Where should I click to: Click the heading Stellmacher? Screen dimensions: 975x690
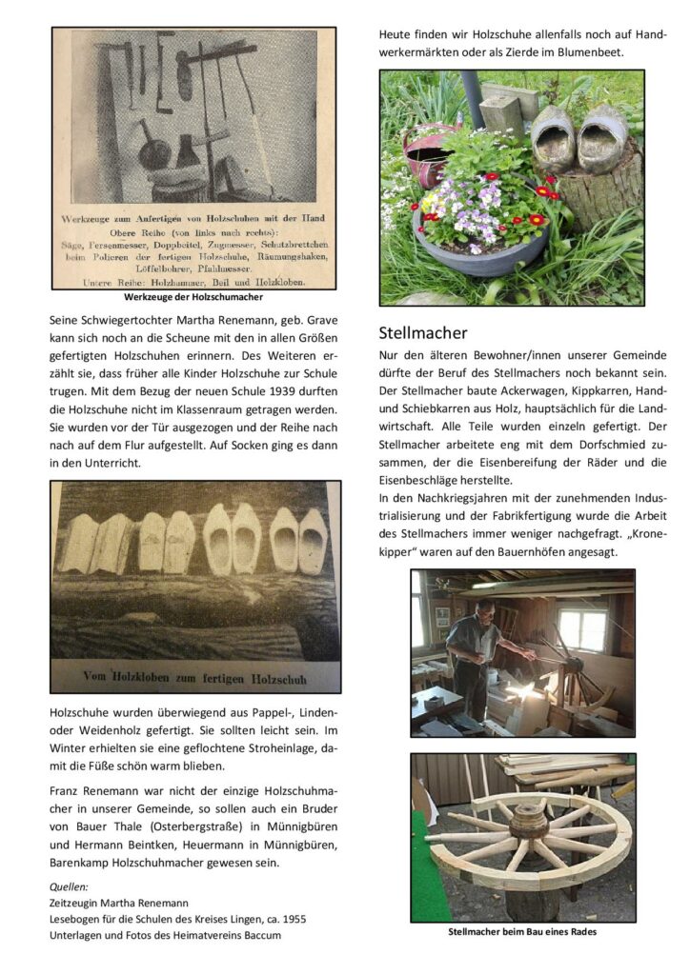tap(422, 333)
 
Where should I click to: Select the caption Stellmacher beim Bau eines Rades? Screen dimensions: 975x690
tap(522, 931)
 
